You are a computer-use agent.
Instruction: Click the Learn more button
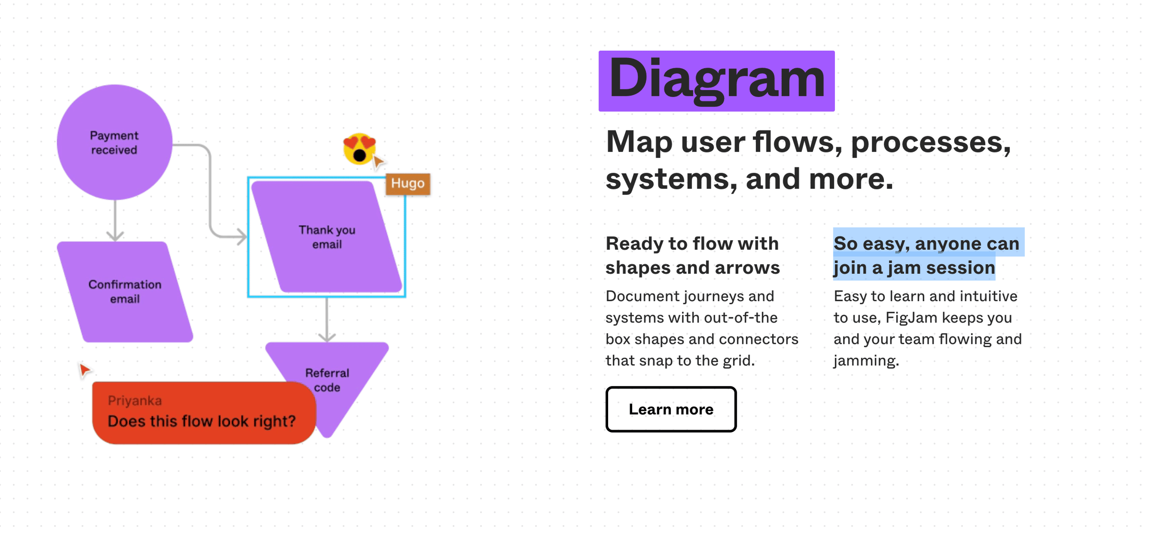coord(671,409)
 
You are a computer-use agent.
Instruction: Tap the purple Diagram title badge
coord(716,81)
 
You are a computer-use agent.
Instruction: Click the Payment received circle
coord(115,142)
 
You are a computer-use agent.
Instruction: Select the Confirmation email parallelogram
coord(125,292)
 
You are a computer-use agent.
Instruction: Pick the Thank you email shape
coord(327,237)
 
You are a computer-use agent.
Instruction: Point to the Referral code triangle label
coord(327,380)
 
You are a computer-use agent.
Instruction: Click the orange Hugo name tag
coord(408,184)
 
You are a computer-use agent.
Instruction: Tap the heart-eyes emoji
coord(360,149)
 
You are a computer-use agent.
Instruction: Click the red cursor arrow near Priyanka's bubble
coord(84,369)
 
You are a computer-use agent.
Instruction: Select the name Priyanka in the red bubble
coord(135,400)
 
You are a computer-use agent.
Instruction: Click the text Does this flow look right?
coord(201,421)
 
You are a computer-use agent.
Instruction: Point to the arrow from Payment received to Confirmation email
coord(115,221)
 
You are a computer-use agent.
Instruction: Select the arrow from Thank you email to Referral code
coord(327,319)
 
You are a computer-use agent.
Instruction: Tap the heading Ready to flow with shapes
coord(693,255)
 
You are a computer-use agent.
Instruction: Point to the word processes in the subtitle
coord(931,142)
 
